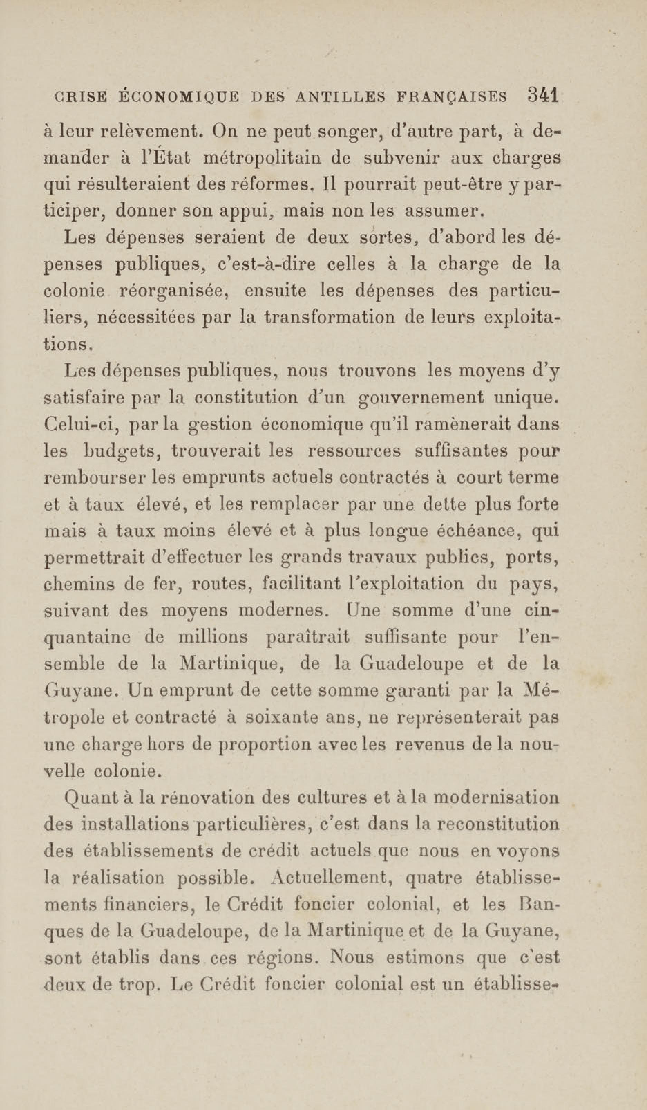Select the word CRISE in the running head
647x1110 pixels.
(80, 97)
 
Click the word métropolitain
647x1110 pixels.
(259, 159)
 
